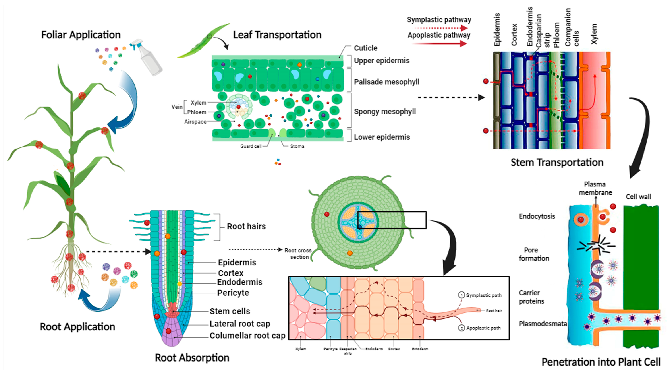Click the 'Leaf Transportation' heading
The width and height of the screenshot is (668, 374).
(277, 35)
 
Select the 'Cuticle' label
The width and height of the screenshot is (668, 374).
(365, 48)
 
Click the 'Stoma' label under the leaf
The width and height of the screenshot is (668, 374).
(297, 146)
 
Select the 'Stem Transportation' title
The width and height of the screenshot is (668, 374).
(557, 162)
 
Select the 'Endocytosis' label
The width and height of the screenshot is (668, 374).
(537, 216)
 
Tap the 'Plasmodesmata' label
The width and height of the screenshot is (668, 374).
(543, 324)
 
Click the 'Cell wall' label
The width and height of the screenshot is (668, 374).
(638, 197)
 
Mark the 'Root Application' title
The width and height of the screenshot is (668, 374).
(77, 327)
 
